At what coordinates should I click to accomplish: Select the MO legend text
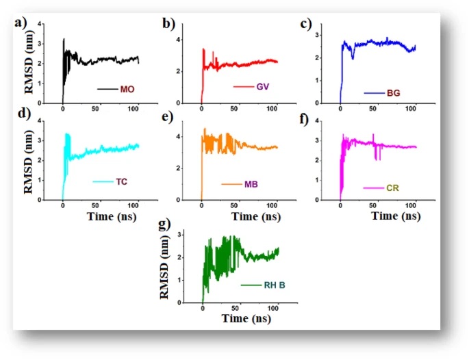(127, 89)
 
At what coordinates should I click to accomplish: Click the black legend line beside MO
(107, 89)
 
